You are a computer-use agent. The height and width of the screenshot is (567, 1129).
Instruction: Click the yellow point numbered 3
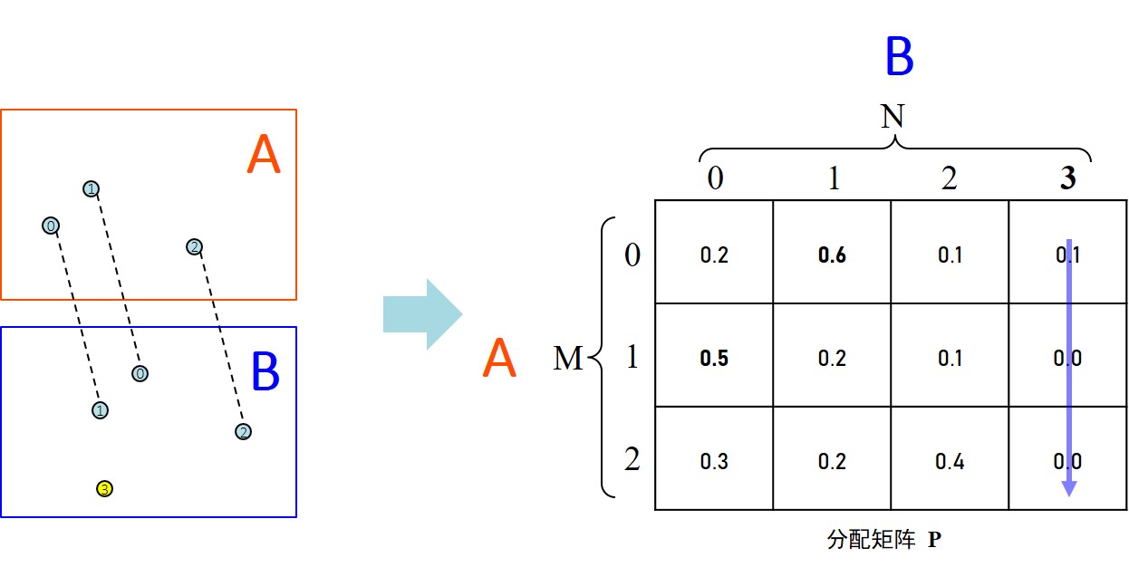coord(104,489)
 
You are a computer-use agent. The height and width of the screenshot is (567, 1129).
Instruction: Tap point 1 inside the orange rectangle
coord(91,188)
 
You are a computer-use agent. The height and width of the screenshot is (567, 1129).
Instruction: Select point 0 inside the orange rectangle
coord(51,226)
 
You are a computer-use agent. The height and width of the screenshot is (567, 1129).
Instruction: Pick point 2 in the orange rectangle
coord(193,246)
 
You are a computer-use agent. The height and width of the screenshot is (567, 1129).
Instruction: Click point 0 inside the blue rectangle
coord(140,373)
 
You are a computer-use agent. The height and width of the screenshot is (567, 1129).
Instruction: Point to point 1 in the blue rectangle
coord(100,410)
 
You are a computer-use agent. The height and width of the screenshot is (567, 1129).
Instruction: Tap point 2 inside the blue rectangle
coord(243,432)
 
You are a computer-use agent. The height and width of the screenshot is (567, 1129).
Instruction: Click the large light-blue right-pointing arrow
coord(422,314)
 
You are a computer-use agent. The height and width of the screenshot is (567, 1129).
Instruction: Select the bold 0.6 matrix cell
coord(832,255)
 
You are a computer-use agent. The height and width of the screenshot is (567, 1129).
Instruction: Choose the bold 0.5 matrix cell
coord(714,358)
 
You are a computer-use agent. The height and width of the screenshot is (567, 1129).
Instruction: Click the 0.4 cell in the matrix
coord(950,461)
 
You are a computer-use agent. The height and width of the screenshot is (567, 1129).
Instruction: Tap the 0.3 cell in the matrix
coord(714,461)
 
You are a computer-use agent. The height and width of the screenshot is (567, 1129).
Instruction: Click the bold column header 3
coord(1068,178)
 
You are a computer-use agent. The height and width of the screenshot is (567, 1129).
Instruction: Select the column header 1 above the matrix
coord(833,178)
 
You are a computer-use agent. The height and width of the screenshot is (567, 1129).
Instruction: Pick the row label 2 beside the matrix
coord(632,460)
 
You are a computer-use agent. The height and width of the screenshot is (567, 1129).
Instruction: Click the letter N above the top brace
coord(893,116)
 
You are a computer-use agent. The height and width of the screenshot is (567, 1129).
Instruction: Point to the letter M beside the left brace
coord(568,360)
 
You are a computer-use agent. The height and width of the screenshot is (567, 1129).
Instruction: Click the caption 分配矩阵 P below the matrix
coord(884,540)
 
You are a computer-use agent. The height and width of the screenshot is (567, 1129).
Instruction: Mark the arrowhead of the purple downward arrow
coord(1069,488)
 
